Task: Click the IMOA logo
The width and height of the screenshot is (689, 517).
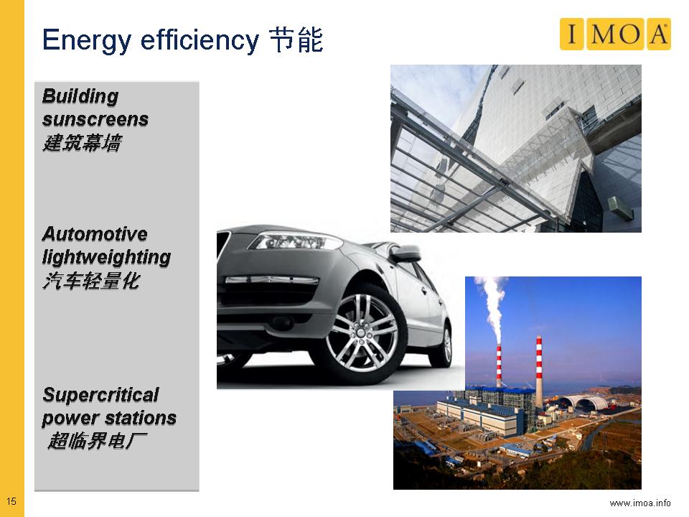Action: pyautogui.click(x=615, y=34)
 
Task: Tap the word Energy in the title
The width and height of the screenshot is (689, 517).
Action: pyautogui.click(x=87, y=40)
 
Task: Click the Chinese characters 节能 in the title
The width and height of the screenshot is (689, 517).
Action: pyautogui.click(x=296, y=40)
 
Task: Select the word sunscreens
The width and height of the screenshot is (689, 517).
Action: pyautogui.click(x=95, y=120)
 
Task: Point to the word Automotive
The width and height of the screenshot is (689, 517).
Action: pyautogui.click(x=95, y=234)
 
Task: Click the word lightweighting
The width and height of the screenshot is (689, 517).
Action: pyautogui.click(x=106, y=258)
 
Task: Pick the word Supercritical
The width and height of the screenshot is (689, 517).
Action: pyautogui.click(x=100, y=395)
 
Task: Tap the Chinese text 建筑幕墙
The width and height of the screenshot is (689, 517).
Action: pyautogui.click(x=82, y=143)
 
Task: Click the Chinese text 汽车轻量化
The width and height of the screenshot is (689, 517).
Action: pyautogui.click(x=91, y=281)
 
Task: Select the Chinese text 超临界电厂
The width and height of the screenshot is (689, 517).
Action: pyautogui.click(x=97, y=441)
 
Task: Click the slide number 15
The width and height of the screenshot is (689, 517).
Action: pyautogui.click(x=11, y=501)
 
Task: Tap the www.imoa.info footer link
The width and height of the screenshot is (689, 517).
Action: pyautogui.click(x=640, y=503)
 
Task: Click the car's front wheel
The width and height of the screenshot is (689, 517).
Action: pyautogui.click(x=362, y=333)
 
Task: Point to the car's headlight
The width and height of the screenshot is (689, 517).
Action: pyautogui.click(x=294, y=241)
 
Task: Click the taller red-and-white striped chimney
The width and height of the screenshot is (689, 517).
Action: pyautogui.click(x=539, y=371)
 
